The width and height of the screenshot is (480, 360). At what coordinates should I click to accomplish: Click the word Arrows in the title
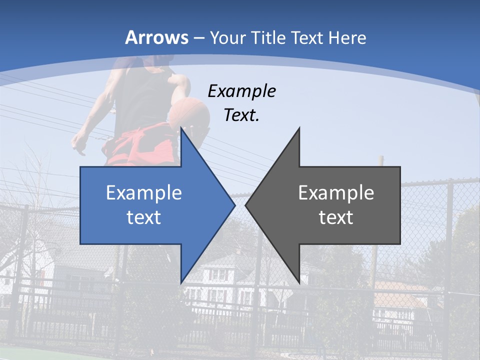[x=156, y=37]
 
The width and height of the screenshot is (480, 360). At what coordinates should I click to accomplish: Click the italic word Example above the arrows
[x=242, y=91]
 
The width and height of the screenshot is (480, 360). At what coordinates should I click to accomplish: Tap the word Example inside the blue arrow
[x=144, y=192]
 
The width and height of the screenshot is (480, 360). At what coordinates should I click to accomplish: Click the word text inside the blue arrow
[x=144, y=217]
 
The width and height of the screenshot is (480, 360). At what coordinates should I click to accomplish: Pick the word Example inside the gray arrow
[x=336, y=192]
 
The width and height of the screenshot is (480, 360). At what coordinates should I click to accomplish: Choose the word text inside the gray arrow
[x=336, y=217]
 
